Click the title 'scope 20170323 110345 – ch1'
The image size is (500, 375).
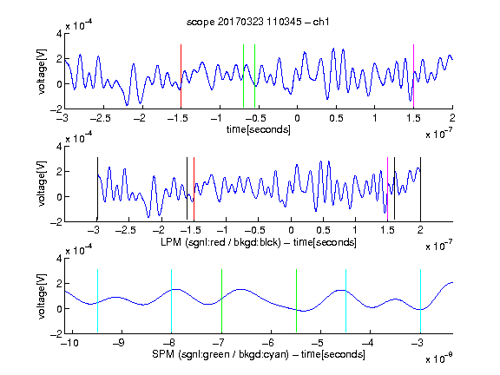point(258,22)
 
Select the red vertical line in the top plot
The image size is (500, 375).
point(181,76)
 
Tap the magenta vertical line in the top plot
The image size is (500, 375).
point(413,76)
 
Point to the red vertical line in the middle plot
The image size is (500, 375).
point(194,188)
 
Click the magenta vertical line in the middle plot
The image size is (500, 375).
point(387,188)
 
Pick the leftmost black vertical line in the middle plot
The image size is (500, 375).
point(97,188)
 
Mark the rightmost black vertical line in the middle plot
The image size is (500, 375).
point(420,188)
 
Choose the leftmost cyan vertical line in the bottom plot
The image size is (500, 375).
point(97,300)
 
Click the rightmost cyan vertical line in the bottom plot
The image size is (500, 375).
point(420,300)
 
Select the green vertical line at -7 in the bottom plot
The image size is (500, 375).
point(221,300)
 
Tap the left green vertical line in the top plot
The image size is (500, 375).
point(243,76)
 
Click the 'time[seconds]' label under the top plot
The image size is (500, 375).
point(259,129)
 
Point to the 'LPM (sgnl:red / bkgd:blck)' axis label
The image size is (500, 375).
point(220,242)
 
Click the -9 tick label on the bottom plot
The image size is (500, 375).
point(119,343)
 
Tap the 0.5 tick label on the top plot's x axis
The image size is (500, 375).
point(336,118)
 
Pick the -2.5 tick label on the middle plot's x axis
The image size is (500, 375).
point(125,230)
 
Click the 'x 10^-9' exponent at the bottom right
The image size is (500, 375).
point(439,359)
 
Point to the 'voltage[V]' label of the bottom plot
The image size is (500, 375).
point(42,296)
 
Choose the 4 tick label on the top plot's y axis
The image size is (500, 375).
point(59,34)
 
